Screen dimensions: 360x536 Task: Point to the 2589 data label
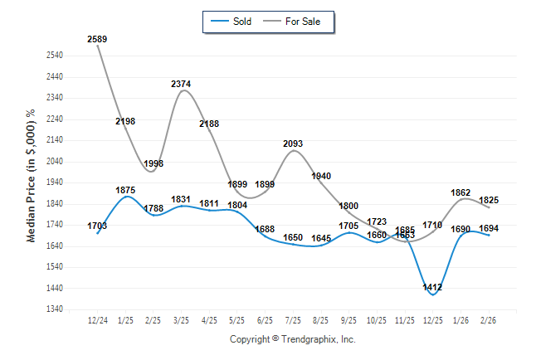(97, 39)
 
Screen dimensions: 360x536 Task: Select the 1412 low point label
(432, 287)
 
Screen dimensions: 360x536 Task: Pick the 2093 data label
(293, 144)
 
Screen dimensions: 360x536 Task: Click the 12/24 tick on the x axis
(97, 319)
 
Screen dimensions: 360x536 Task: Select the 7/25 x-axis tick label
(293, 319)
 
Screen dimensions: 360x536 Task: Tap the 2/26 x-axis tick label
(489, 319)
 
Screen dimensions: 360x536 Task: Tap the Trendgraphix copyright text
(292, 339)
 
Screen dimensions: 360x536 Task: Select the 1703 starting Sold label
(97, 226)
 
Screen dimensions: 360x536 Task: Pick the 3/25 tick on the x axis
(181, 319)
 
